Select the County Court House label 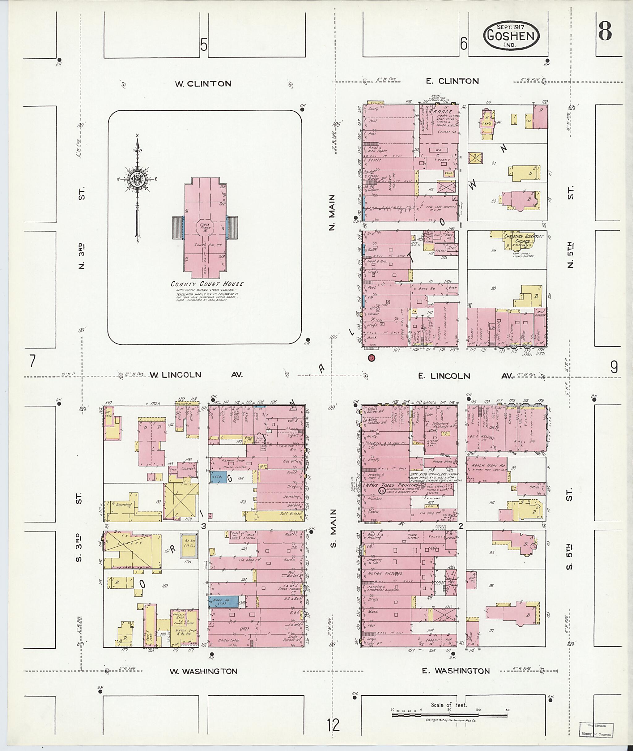pos(207,284)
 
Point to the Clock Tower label pos(206,227)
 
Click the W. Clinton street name pos(203,84)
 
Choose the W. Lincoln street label pos(176,375)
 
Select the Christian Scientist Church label pos(523,239)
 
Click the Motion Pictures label pos(385,574)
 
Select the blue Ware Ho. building pos(223,601)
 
